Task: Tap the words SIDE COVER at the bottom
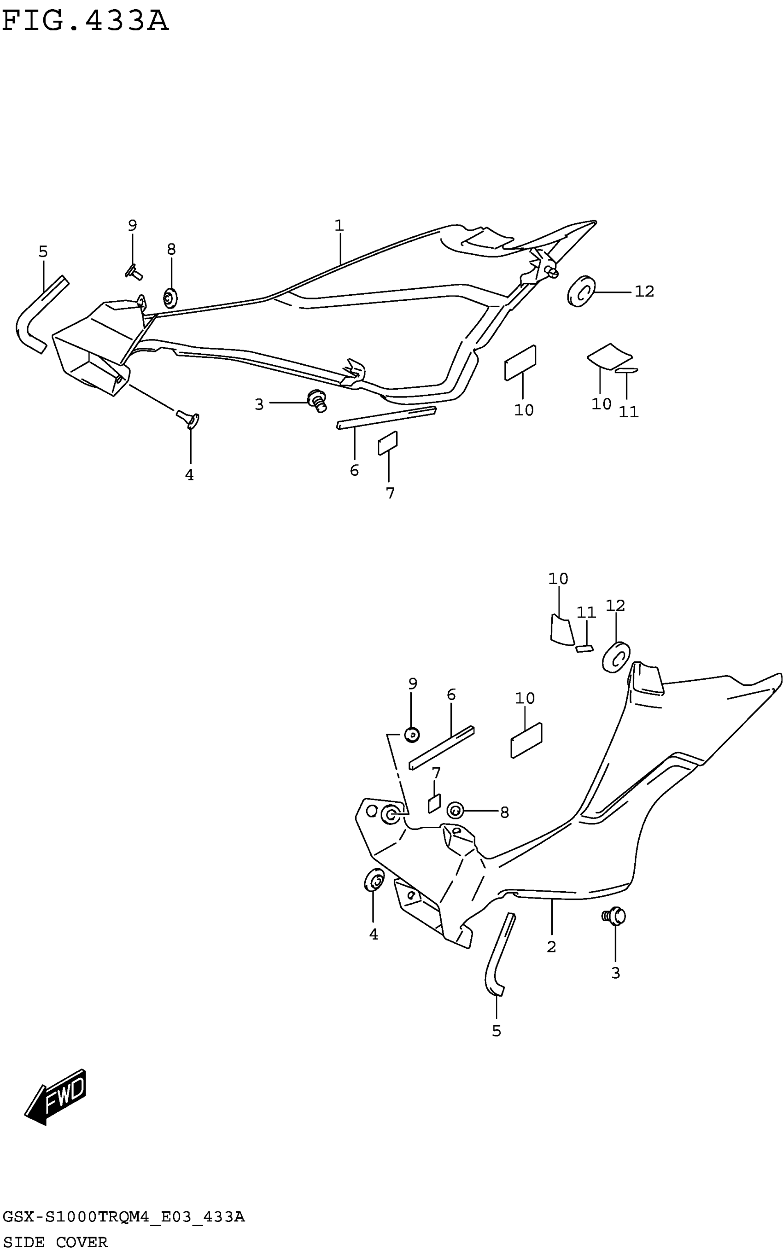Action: [55, 1242]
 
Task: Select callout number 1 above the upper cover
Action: [339, 226]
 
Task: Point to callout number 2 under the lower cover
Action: [551, 946]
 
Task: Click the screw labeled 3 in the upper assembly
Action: [317, 400]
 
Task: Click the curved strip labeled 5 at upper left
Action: [39, 314]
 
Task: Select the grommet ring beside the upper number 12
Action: [581, 291]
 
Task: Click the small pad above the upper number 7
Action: [388, 443]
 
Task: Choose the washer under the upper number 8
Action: [170, 298]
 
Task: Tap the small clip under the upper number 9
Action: [134, 272]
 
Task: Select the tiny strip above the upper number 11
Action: [626, 371]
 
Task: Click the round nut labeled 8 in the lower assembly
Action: [455, 810]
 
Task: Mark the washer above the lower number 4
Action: [374, 880]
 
